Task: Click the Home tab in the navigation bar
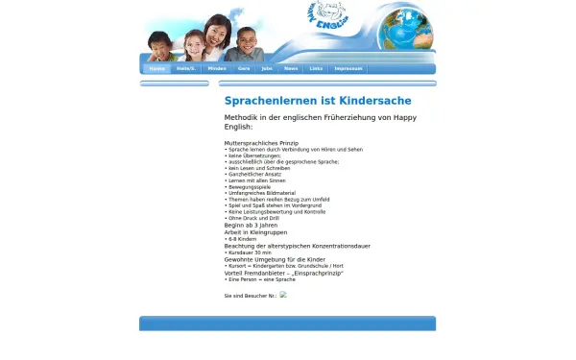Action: (156, 69)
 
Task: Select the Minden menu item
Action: (217, 69)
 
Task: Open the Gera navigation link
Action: (244, 69)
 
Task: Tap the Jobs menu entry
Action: (267, 69)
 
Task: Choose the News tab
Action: (291, 69)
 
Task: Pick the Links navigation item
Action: (316, 69)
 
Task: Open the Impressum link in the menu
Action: (348, 69)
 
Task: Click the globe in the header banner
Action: (405, 29)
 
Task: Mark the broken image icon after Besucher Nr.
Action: (283, 295)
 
